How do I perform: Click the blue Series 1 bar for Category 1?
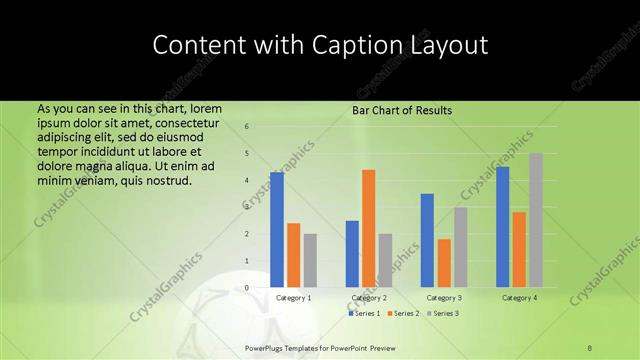277,230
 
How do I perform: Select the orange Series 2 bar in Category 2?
369,228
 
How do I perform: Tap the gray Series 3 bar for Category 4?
536,220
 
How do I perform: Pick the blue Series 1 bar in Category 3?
427,240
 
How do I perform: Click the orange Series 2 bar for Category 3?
443,263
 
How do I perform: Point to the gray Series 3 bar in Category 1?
310,260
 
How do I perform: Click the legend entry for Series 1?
364,314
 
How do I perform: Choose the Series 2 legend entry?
402,314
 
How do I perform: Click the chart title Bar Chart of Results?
402,110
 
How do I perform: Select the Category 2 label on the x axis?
369,298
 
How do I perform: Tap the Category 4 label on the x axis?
519,298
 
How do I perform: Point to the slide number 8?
589,347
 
